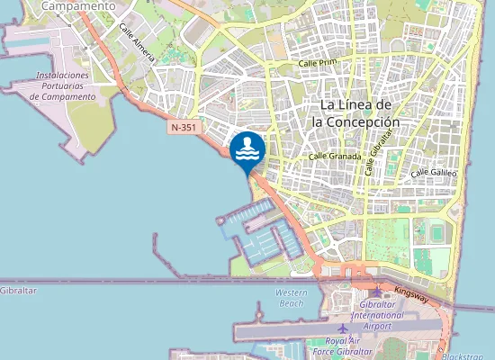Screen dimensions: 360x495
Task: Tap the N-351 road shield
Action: tap(183, 129)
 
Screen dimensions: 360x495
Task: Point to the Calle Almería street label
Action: tap(138, 43)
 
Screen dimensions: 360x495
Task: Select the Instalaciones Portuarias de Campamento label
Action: tap(62, 85)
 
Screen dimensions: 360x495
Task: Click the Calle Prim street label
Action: tap(318, 64)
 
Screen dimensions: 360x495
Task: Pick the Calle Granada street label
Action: tap(334, 156)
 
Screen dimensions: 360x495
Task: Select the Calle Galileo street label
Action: tap(434, 172)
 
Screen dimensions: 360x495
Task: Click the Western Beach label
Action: tap(291, 298)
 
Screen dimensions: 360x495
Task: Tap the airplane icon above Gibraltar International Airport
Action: tap(376, 292)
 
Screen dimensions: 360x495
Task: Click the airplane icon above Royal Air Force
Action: tap(342, 328)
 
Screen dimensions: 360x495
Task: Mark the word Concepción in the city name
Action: tap(355, 121)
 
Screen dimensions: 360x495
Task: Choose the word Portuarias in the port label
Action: tap(62, 85)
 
